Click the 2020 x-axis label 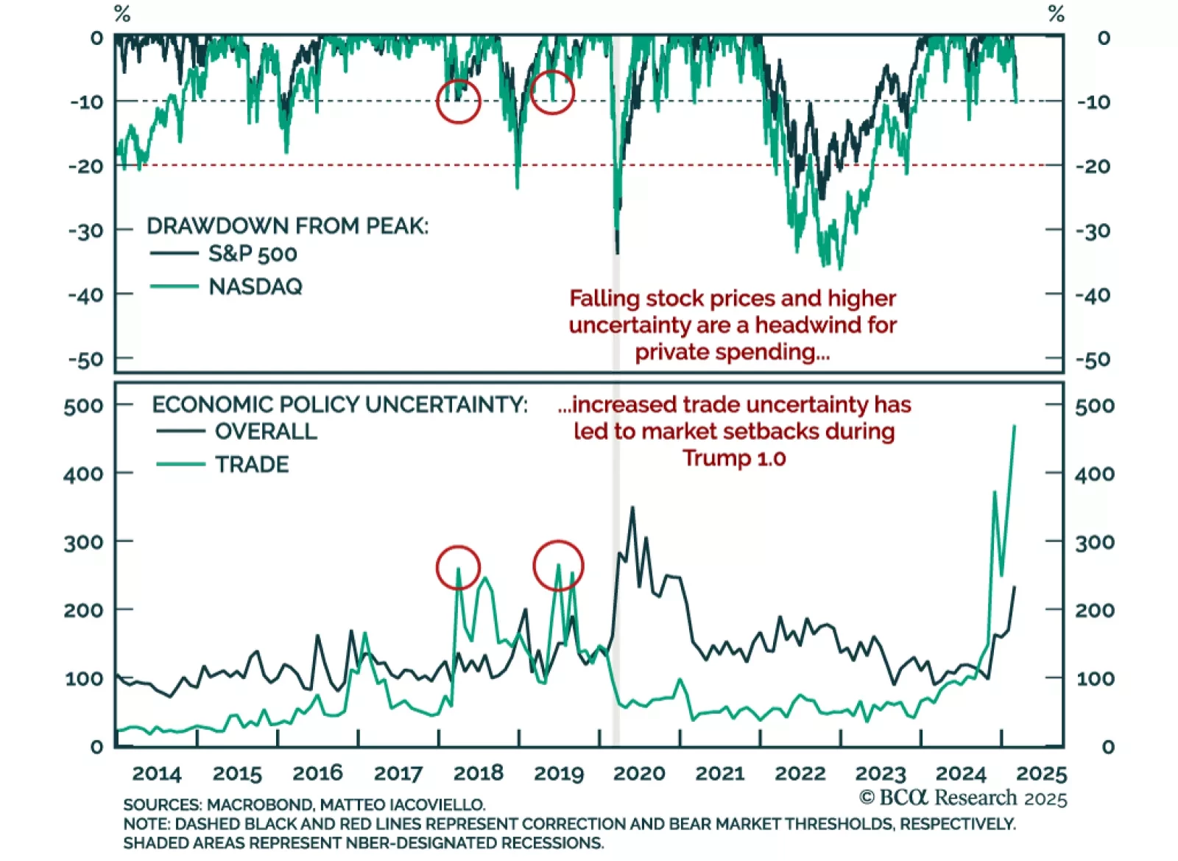639,773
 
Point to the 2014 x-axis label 156,773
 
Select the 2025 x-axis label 1041,773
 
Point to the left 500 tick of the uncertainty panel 83,406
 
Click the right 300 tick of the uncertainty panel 1094,543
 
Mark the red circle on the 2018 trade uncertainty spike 458,568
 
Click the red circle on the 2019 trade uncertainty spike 558,566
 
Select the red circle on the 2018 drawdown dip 458,102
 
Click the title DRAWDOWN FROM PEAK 287,226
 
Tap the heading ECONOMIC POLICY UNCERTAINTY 339,404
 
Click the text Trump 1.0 734,458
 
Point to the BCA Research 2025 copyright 963,798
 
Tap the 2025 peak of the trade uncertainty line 1015,426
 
